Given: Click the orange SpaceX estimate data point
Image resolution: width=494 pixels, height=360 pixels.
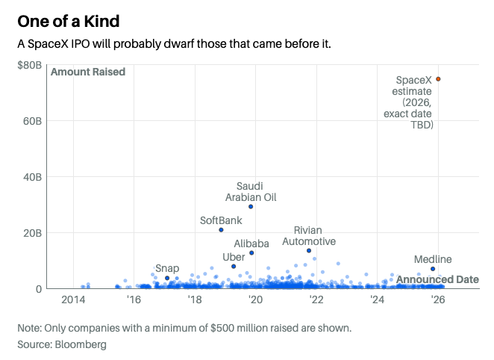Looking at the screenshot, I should (x=438, y=78).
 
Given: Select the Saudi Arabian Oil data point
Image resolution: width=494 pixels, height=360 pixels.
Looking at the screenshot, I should (x=251, y=207).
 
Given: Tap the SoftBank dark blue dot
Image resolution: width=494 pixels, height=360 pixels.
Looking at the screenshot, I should (x=221, y=230).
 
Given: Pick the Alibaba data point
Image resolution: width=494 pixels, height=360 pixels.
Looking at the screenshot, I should (x=251, y=253).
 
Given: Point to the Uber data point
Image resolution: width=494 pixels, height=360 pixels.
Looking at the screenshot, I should (x=234, y=267).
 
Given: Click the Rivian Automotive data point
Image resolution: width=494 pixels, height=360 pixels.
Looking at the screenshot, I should (x=309, y=251).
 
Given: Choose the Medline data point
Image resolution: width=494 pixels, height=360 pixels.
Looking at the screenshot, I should (x=432, y=269).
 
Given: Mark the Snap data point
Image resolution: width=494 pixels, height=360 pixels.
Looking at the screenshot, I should (x=167, y=278).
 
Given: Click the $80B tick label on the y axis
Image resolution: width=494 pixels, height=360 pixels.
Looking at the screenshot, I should (x=29, y=65).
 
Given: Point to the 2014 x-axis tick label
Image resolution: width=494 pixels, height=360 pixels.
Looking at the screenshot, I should (x=73, y=300).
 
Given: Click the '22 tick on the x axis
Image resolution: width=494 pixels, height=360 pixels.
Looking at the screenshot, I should (x=316, y=300).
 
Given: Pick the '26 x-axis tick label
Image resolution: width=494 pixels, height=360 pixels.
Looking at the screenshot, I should (x=438, y=300).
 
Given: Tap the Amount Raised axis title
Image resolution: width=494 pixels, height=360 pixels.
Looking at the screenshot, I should (x=87, y=72).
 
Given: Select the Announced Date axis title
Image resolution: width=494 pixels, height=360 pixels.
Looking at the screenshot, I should (x=437, y=279).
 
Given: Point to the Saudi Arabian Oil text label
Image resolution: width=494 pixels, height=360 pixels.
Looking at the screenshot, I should (x=251, y=191).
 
